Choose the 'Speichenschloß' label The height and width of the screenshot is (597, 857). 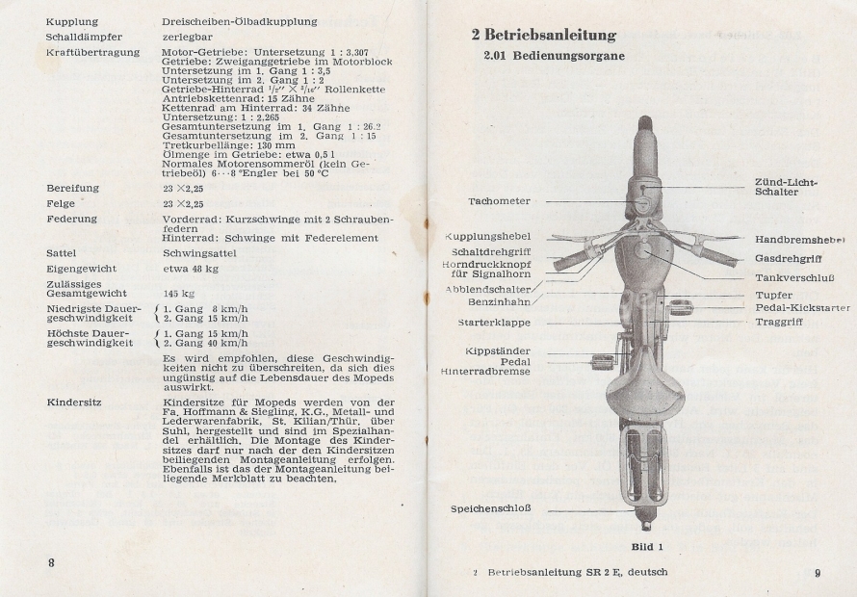[x=490, y=509]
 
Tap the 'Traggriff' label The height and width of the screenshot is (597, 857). [x=779, y=322]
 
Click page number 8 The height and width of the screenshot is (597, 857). [x=52, y=561]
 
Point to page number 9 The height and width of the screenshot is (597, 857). [x=817, y=573]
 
